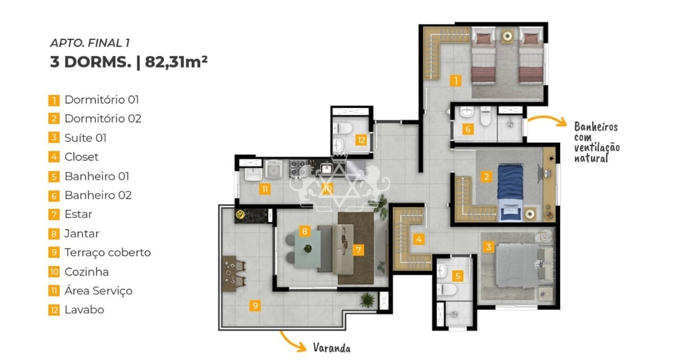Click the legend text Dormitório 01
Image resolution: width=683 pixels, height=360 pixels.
click(101, 100)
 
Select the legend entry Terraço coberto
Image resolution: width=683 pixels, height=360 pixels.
click(108, 253)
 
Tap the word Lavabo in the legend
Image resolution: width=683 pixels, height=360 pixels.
click(84, 310)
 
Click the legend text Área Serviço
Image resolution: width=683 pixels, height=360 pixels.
click(98, 291)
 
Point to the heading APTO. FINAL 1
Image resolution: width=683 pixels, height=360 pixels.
click(90, 43)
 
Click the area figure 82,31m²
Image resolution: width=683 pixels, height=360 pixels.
click(176, 62)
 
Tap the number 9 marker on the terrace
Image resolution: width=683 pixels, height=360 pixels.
click(255, 306)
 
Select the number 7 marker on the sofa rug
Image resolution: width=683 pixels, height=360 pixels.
click(358, 250)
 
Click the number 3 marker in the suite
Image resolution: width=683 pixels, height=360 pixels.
click(488, 246)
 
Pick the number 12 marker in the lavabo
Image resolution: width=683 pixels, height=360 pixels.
click(361, 140)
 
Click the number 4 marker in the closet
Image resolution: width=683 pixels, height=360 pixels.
click(419, 239)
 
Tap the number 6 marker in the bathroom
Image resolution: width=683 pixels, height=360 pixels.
click(468, 129)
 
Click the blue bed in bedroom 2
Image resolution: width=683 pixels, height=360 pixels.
click(511, 193)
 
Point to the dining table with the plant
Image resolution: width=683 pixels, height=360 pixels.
click(308, 249)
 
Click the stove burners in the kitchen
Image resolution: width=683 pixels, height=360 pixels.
click(298, 169)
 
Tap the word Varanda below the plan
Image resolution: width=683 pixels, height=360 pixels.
click(332, 348)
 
